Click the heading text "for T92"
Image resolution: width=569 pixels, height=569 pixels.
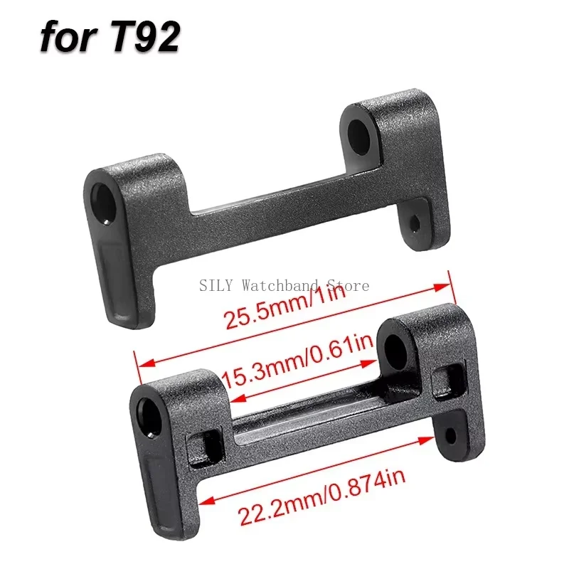point(110,37)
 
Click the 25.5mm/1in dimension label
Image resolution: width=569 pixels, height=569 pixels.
point(285,307)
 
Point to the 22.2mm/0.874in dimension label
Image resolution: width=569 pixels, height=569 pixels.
point(321,496)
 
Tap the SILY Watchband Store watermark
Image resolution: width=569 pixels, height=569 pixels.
point(284,285)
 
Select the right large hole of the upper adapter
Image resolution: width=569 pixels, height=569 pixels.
point(359,137)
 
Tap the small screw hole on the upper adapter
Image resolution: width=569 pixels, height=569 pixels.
point(415,223)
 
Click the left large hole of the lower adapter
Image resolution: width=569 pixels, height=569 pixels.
point(150,417)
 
